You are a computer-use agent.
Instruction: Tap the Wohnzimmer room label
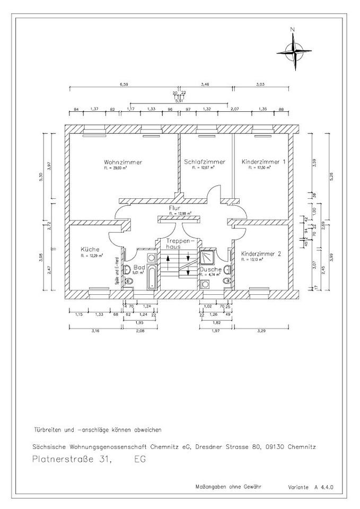pyautogui.click(x=123, y=162)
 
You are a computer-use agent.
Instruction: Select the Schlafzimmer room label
pyautogui.click(x=205, y=162)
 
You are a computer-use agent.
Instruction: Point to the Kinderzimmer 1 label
pyautogui.click(x=264, y=162)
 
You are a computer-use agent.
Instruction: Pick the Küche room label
pyautogui.click(x=90, y=249)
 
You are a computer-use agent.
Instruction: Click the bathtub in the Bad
pyautogui.click(x=152, y=276)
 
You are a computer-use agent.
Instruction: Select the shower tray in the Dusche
pyautogui.click(x=206, y=257)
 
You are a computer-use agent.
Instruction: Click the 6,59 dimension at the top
pyautogui.click(x=124, y=84)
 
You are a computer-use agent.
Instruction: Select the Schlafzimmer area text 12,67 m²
pyautogui.click(x=205, y=168)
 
